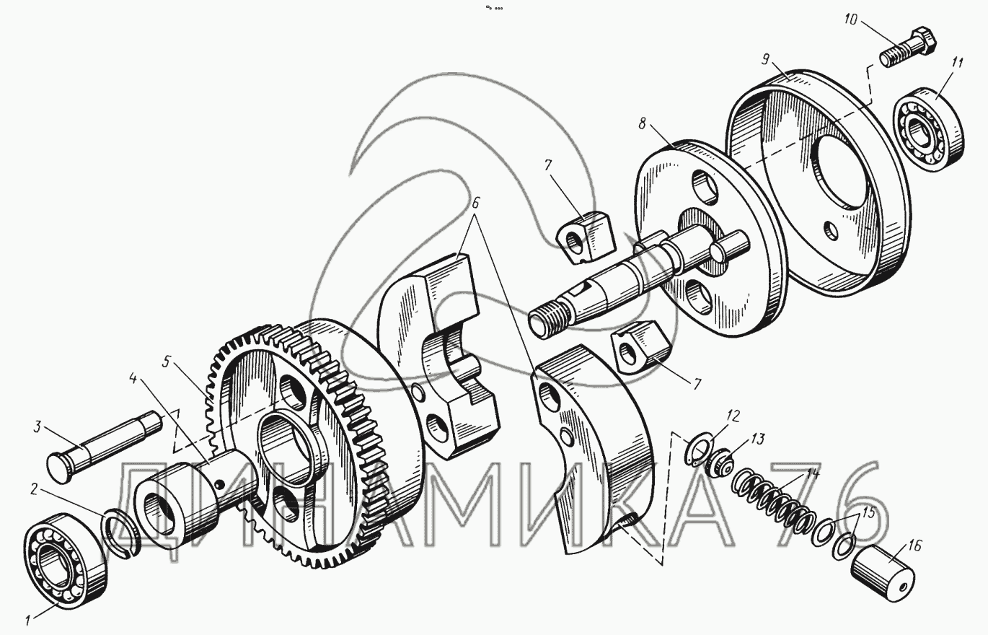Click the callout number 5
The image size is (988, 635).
(x=167, y=360)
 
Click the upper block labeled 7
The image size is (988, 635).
(x=584, y=236)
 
